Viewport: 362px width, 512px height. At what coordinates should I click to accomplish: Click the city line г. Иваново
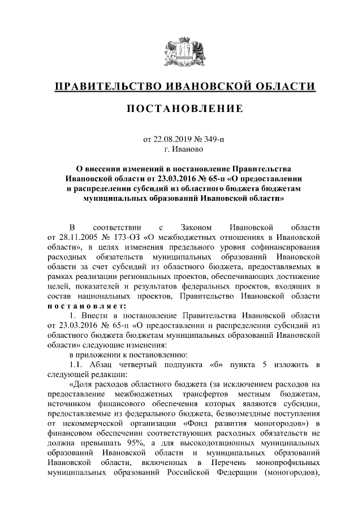[x=180, y=149]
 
